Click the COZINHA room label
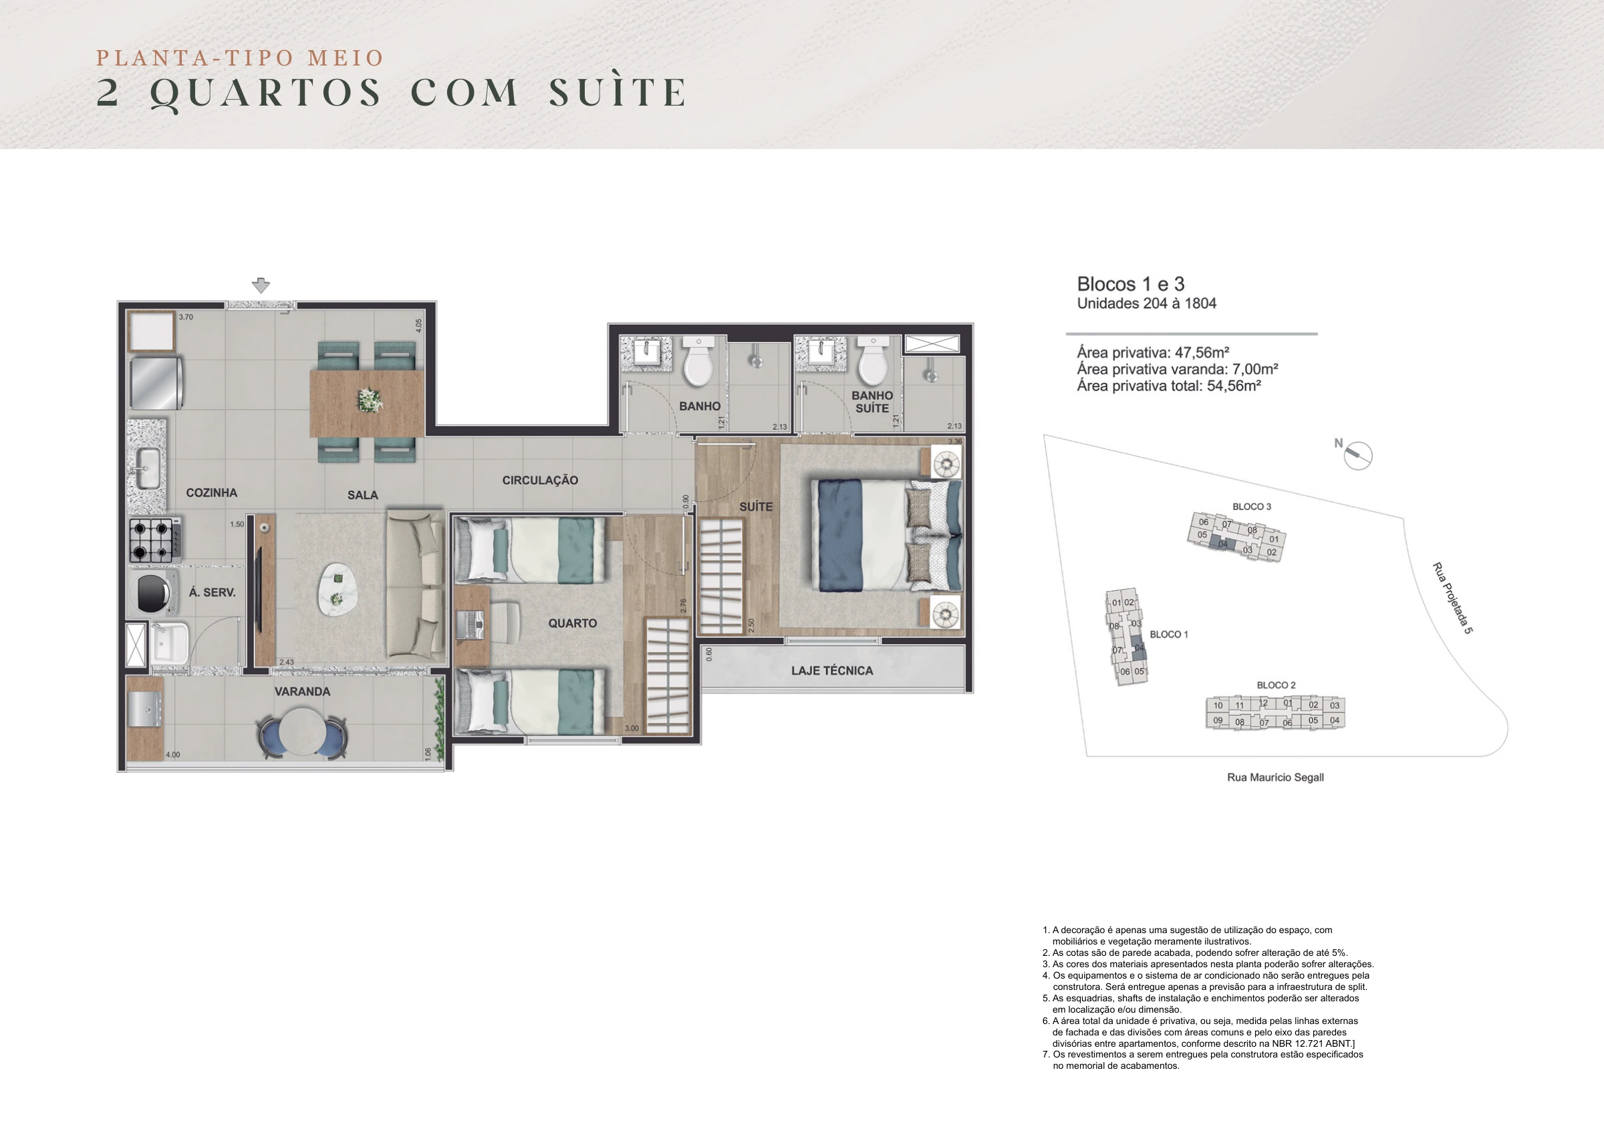point(212,493)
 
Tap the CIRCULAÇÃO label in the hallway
point(540,480)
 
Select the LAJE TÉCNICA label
point(832,670)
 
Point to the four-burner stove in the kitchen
point(155,540)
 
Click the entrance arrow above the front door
point(261,285)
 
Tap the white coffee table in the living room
point(337,588)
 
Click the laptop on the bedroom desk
point(470,624)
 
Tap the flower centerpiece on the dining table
point(370,400)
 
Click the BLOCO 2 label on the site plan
point(1276,685)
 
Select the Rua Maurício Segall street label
point(1276,777)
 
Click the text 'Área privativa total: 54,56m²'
point(1169,386)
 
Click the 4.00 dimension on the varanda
point(172,755)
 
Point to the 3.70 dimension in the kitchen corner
point(186,317)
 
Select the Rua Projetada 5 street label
point(1452,598)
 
